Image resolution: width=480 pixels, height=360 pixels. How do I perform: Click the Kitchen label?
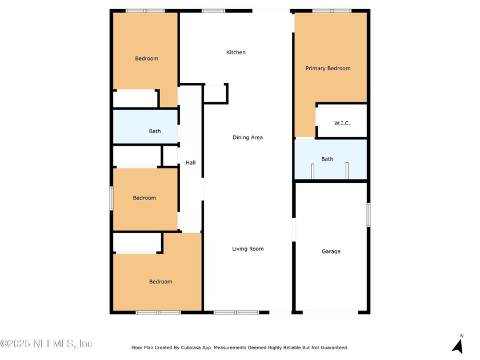click(235, 53)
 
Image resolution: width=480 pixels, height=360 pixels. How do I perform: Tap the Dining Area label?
click(247, 138)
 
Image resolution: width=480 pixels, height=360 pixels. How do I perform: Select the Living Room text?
click(247, 249)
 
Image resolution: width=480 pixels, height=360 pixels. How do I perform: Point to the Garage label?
click(331, 251)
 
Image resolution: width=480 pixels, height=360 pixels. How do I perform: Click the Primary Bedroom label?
click(328, 68)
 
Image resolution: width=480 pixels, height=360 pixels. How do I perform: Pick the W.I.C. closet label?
click(342, 123)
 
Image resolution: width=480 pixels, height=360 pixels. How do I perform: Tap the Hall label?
click(190, 162)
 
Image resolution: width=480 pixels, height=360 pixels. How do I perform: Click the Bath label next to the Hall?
click(155, 131)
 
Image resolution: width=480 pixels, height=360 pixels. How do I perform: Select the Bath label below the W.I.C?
click(327, 159)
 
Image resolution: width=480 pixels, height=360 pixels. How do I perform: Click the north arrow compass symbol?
click(458, 345)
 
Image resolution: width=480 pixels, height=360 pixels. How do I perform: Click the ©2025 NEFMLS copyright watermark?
click(46, 343)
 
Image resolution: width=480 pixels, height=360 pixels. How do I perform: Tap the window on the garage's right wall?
click(369, 215)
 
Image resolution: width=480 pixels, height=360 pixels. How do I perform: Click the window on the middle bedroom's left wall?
click(111, 198)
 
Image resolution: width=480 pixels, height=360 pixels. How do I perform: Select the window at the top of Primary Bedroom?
click(332, 11)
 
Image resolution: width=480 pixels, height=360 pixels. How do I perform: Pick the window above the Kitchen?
click(213, 11)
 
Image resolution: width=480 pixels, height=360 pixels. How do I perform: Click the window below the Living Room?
click(237, 313)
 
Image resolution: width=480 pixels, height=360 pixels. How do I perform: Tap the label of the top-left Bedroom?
click(147, 58)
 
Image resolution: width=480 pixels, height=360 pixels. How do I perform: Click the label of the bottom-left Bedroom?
click(161, 282)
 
